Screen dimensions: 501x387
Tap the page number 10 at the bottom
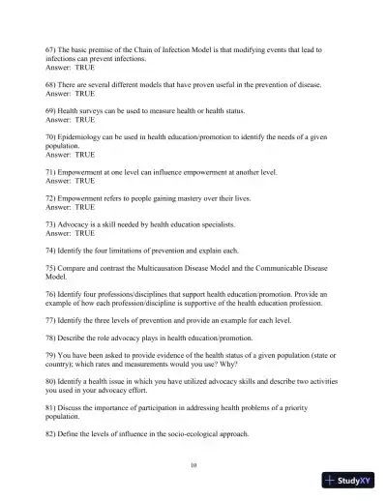(193, 465)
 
